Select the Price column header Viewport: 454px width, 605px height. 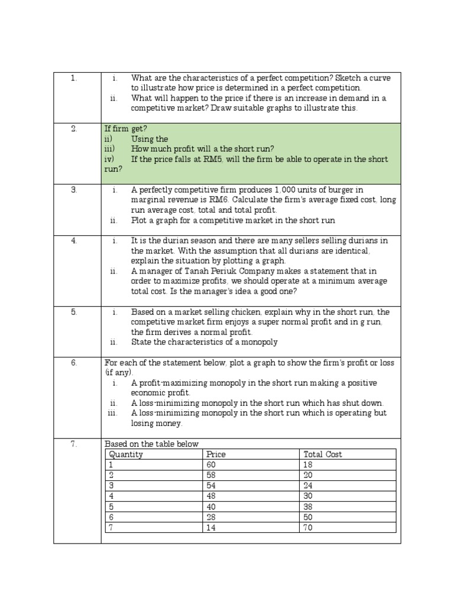(216, 454)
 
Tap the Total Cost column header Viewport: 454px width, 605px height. (322, 454)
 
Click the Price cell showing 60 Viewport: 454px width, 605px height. (211, 465)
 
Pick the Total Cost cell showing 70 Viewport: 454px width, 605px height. (308, 528)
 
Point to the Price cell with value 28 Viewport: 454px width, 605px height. (211, 517)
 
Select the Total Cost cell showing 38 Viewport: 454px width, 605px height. (308, 507)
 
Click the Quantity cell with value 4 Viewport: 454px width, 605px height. (110, 496)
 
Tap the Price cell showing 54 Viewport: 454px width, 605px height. (211, 486)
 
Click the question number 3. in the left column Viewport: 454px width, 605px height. (74, 190)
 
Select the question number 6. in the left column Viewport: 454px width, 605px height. (74, 363)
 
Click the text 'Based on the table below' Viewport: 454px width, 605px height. (151, 444)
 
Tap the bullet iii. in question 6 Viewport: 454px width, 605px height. (113, 413)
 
